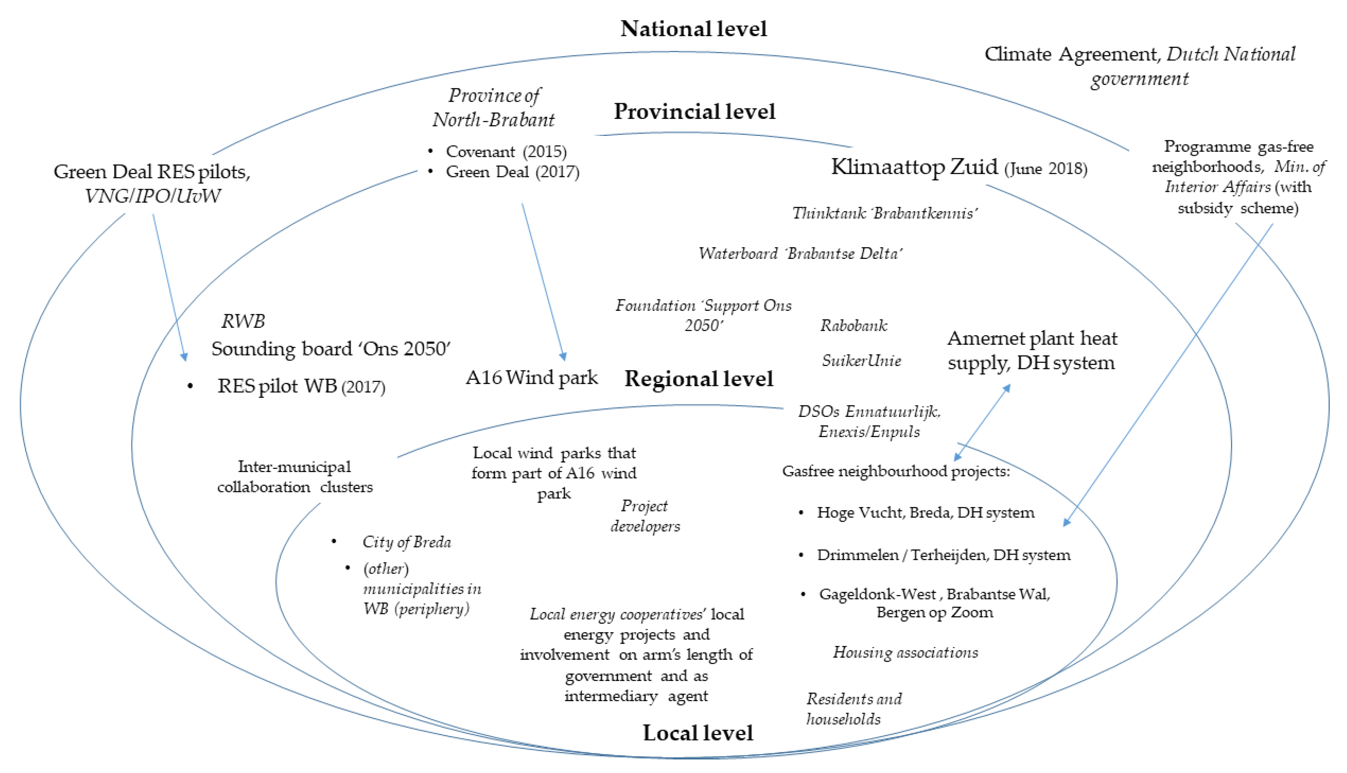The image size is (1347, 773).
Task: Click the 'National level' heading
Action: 694,29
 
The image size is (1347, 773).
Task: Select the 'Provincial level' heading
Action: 694,112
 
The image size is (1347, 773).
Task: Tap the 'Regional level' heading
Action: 699,379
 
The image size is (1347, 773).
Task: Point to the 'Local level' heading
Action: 698,733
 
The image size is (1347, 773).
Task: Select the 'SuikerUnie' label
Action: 861,361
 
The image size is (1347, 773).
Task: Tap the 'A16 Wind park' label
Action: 532,377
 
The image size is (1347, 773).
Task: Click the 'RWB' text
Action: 243,321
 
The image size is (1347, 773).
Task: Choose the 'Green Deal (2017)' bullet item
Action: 512,172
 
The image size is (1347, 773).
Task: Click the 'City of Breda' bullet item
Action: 407,542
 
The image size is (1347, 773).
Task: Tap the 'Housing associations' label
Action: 905,653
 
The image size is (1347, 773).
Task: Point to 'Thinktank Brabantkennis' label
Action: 884,214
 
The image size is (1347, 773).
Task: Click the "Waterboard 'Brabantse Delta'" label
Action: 800,254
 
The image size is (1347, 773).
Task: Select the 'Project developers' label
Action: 645,516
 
